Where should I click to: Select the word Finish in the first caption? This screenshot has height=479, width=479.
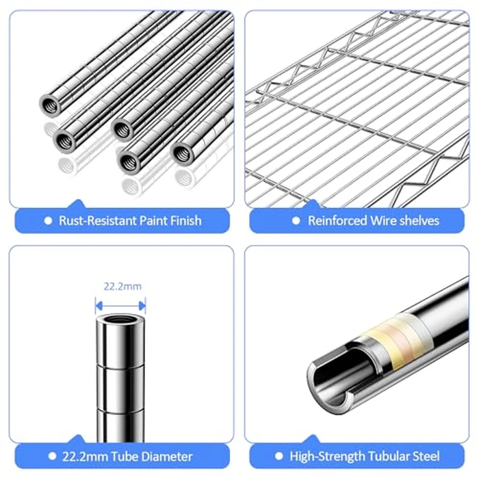click(185, 220)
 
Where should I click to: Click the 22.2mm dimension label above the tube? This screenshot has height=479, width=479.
click(122, 287)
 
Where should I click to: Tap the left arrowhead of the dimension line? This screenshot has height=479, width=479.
click(99, 305)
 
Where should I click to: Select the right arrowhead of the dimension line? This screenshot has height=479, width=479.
click(142, 305)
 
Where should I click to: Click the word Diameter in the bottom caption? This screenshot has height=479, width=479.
click(167, 456)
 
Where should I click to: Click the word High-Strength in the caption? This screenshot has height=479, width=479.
click(325, 456)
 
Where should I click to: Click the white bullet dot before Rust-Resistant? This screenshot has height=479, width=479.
click(48, 220)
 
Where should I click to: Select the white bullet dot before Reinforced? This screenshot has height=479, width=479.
click(296, 220)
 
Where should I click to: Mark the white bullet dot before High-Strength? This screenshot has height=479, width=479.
click(279, 456)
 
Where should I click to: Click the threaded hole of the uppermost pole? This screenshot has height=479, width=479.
click(51, 105)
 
